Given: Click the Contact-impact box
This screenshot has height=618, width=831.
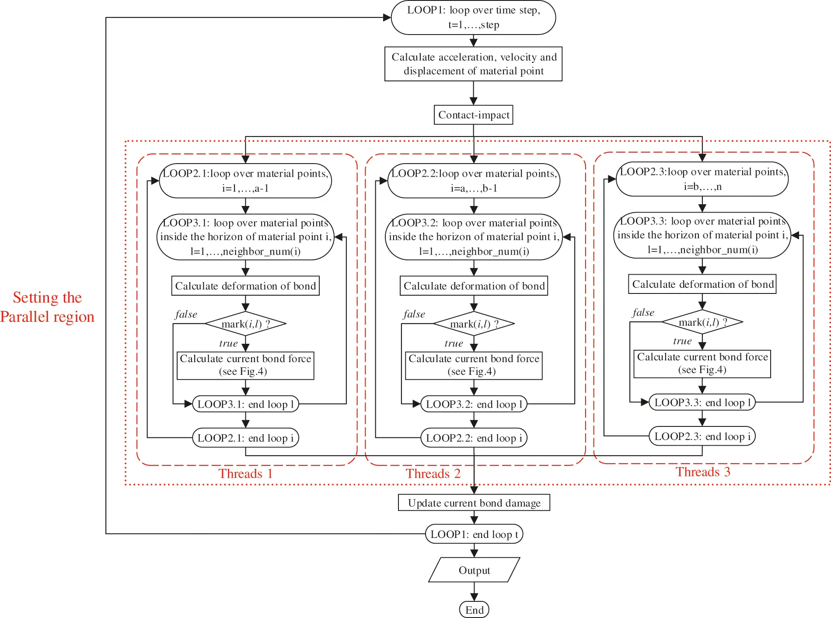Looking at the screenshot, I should pos(473,115).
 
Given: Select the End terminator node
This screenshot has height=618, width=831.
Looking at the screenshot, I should pos(474,610).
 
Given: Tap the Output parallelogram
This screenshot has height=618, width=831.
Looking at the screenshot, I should pos(474,570).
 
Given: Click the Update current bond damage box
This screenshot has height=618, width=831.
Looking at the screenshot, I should pos(474,503).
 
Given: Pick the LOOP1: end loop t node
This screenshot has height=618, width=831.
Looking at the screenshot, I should pos(474,534).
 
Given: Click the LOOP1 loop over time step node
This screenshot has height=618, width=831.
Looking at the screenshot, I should pos(473,17).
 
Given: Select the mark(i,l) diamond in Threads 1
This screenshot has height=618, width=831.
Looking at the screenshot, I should pos(245,324).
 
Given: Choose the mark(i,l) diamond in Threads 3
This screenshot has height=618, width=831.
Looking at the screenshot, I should pos(702,322).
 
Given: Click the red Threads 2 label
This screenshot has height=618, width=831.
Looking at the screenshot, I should pos(433,473).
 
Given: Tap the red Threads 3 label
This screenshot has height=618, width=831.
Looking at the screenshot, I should pos(703,471).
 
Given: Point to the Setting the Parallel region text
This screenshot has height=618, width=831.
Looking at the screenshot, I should pos(47,307).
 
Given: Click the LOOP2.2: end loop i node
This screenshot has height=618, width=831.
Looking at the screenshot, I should pos(474,438).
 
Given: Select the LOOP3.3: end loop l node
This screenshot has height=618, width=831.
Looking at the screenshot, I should pos(702,402).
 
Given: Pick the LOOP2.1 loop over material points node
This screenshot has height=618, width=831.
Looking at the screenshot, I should pos(245,181).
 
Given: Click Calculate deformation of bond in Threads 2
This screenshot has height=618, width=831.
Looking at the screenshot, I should pos(474,286).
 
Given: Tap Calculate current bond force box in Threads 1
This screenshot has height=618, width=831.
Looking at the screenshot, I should pos(245,365).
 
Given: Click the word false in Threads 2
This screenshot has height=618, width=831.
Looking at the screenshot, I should pos(414,314).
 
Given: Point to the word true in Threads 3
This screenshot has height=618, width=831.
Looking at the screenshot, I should pos(682,341).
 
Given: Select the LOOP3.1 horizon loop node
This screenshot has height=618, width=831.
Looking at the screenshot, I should pos(245,237).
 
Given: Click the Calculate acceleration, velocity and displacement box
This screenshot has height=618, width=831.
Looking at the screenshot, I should pos(473,64).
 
